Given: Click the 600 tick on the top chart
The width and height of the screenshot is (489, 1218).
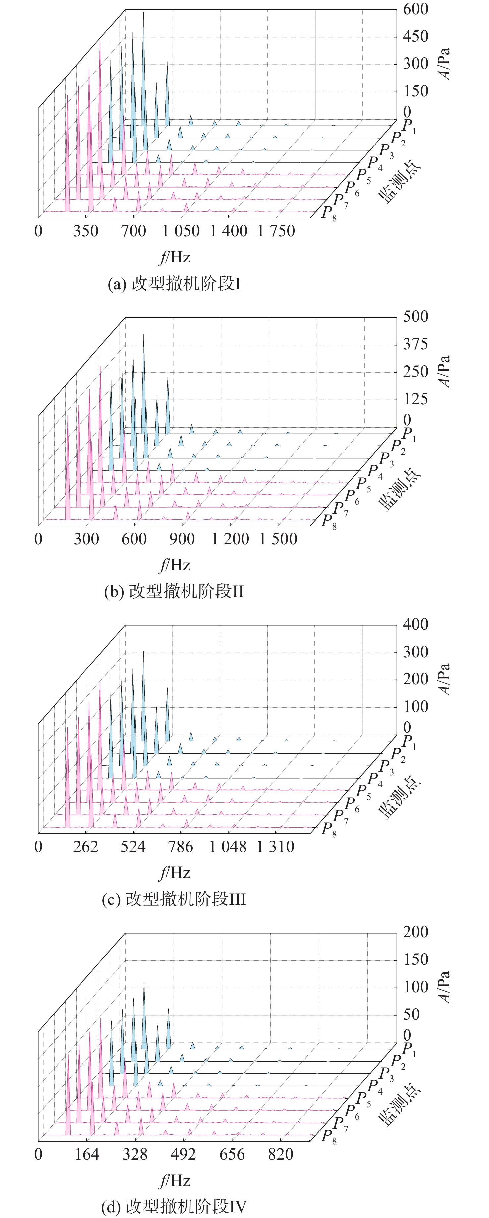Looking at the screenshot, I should [x=415, y=9].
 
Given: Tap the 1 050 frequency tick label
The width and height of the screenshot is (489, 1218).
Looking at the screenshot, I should [x=181, y=231].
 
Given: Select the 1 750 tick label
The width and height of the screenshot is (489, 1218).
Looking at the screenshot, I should [x=276, y=231].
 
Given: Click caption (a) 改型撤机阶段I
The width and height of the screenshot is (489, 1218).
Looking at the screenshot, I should [x=174, y=284].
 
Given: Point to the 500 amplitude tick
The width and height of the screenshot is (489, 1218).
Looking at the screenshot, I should [x=415, y=316].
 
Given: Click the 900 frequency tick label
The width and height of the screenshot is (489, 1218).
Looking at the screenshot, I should [x=182, y=539].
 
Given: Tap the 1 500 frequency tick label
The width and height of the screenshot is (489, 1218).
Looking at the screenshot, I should [x=278, y=539].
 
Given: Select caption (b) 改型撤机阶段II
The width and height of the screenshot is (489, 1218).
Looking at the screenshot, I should [x=174, y=592].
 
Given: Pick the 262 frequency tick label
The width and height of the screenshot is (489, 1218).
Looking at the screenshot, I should [x=85, y=846].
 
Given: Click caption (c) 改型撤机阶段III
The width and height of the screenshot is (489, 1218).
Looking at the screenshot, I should [x=174, y=899].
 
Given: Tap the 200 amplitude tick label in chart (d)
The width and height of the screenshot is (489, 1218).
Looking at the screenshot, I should [x=415, y=932].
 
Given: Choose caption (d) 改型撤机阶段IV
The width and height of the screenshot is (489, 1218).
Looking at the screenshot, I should [x=174, y=1207].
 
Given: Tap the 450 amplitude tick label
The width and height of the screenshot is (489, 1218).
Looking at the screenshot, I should [x=415, y=36].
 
